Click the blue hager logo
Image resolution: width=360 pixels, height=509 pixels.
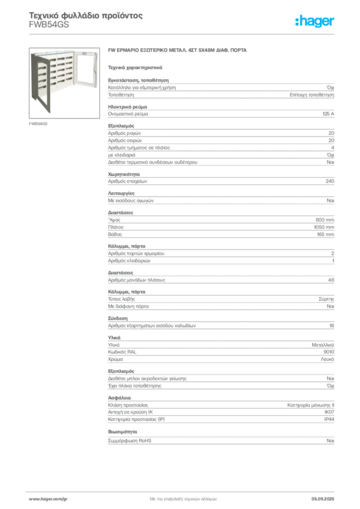click(315, 21)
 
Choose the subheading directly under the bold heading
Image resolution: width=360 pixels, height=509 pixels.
click(135, 66)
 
